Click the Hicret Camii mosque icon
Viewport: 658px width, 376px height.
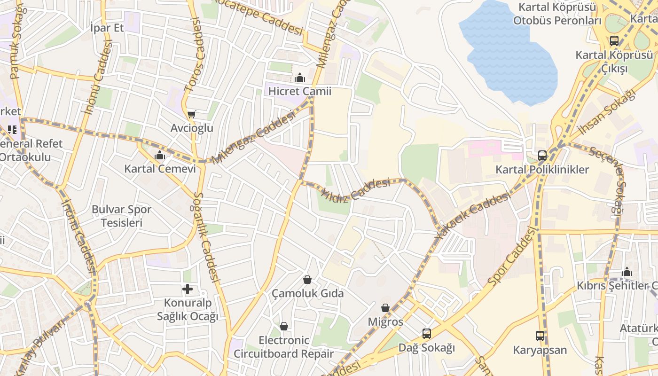(300, 78)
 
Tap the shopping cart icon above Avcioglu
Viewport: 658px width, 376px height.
(191, 114)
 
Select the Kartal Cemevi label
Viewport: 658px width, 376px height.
(160, 168)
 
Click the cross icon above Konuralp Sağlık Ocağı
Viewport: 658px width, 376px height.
(188, 289)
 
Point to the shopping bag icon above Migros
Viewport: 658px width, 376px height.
(385, 308)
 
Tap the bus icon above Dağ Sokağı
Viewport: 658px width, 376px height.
(427, 334)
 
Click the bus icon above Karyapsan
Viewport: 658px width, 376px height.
(540, 336)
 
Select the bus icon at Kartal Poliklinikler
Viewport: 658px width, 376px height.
(542, 155)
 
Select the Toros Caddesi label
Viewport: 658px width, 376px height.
(196, 55)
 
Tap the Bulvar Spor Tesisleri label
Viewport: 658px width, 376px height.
(121, 216)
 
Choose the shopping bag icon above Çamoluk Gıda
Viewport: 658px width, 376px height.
(307, 280)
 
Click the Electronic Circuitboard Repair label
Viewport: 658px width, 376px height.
(284, 347)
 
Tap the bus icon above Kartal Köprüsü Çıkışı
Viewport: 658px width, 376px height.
(614, 41)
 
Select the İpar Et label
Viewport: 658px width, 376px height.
(107, 28)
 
